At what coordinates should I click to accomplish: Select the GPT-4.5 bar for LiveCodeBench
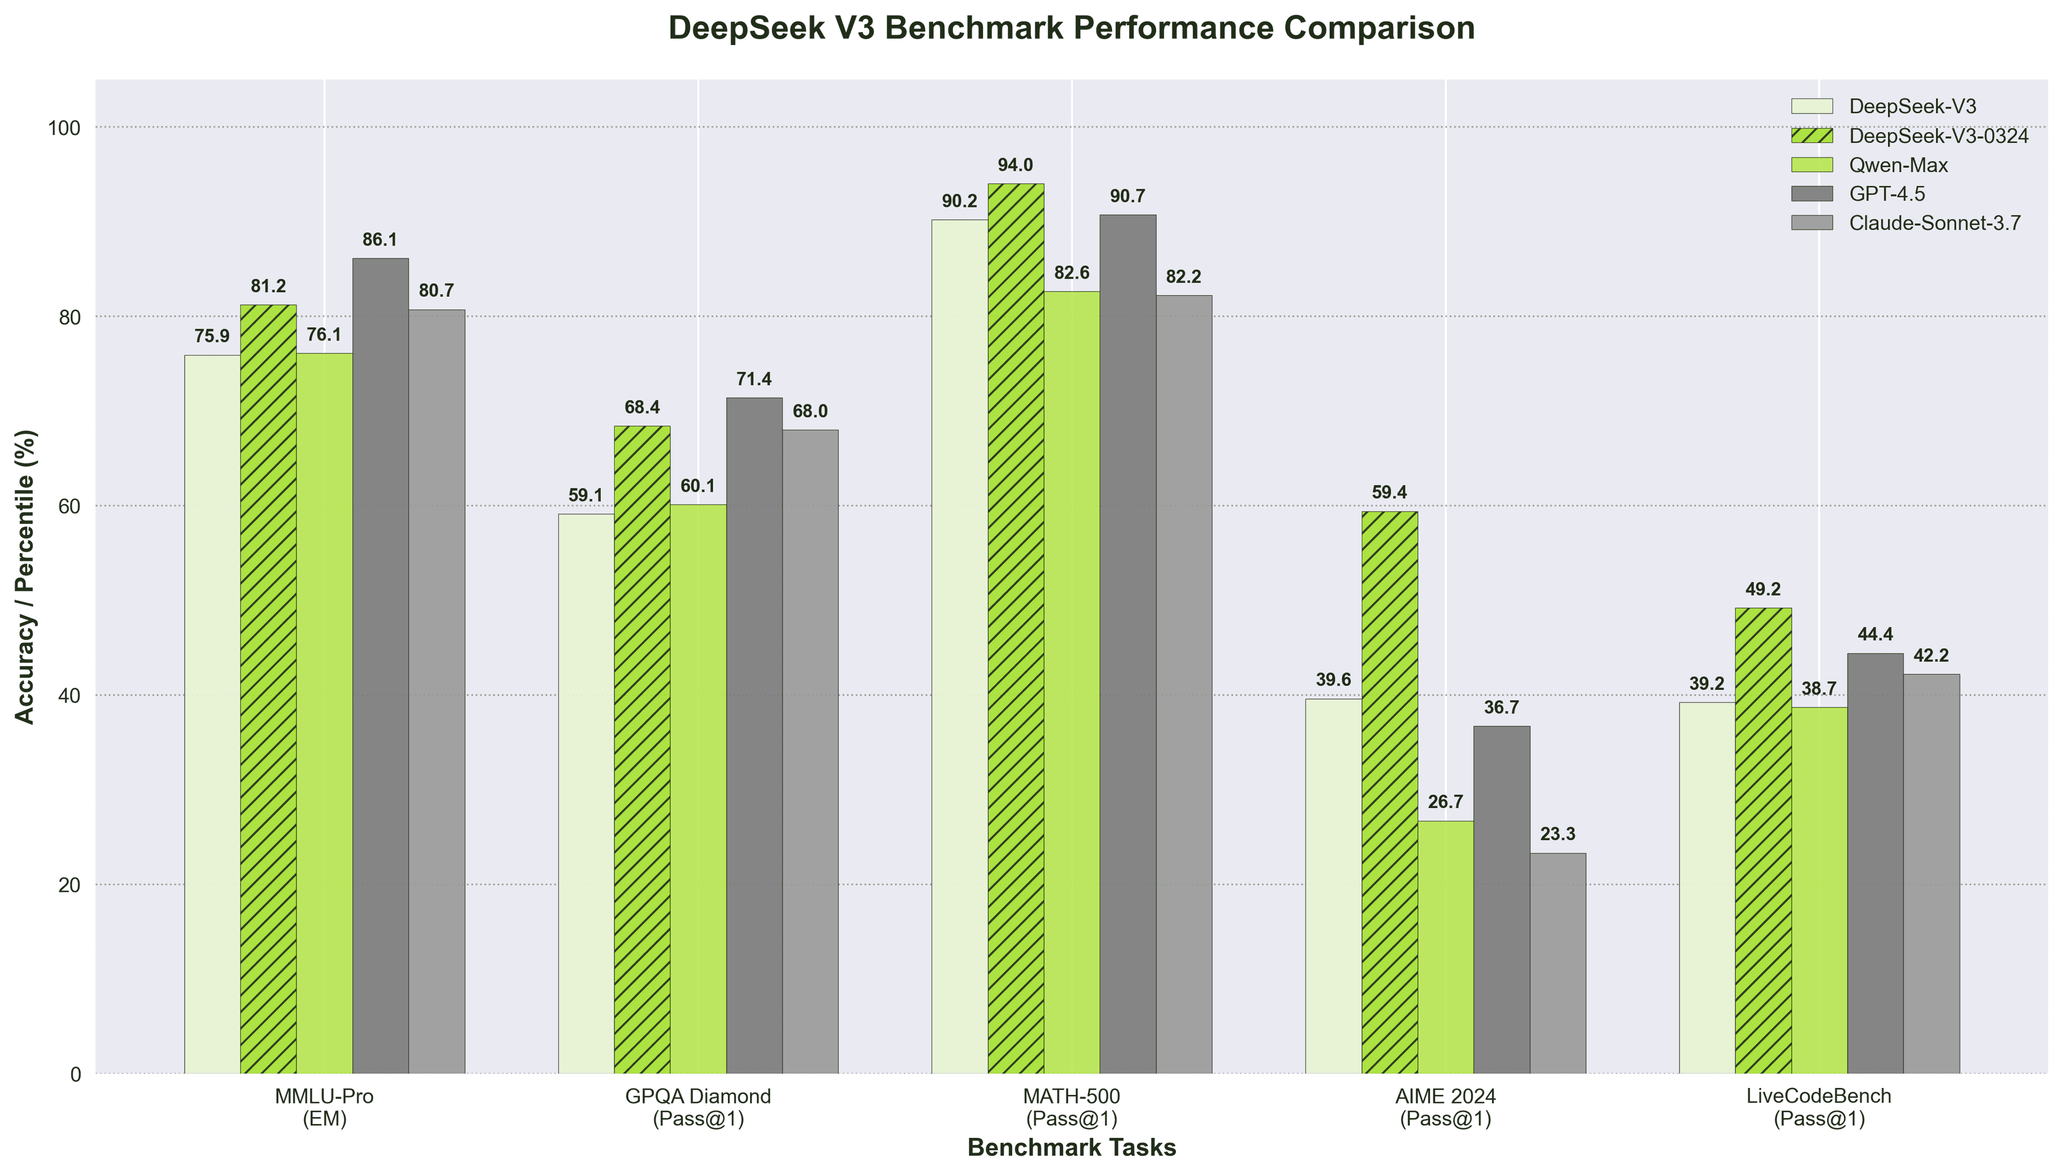(1875, 863)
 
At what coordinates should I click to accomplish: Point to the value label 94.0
(1015, 165)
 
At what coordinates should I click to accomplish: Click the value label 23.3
(1558, 834)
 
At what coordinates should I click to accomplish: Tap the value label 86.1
(380, 240)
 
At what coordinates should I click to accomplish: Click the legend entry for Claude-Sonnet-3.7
(1935, 224)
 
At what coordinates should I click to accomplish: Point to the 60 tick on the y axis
(71, 506)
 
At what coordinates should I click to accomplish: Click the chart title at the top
(1071, 28)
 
